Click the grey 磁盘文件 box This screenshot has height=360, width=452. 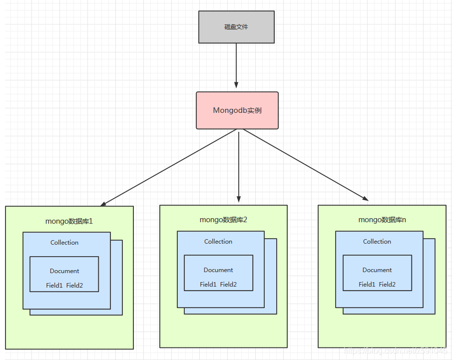click(236, 27)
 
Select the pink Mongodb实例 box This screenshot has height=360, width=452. click(237, 110)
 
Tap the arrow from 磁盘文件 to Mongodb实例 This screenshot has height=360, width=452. click(236, 65)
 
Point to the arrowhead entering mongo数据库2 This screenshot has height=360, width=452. click(239, 198)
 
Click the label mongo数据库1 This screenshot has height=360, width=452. click(69, 221)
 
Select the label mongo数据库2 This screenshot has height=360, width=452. click(223, 220)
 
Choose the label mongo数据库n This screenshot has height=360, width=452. click(382, 220)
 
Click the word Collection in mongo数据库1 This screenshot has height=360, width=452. click(64, 243)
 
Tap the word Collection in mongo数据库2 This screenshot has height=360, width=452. click(218, 242)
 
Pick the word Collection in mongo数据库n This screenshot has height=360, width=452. click(377, 242)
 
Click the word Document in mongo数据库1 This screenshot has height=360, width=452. click(64, 271)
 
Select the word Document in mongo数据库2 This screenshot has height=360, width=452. click(218, 270)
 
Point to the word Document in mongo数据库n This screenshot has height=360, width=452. click(377, 270)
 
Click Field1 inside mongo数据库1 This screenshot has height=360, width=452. click(54, 286)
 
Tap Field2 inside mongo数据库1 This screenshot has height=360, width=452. click(74, 286)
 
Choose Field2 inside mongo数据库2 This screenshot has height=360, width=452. click(228, 285)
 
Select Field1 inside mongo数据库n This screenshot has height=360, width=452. click(367, 285)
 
